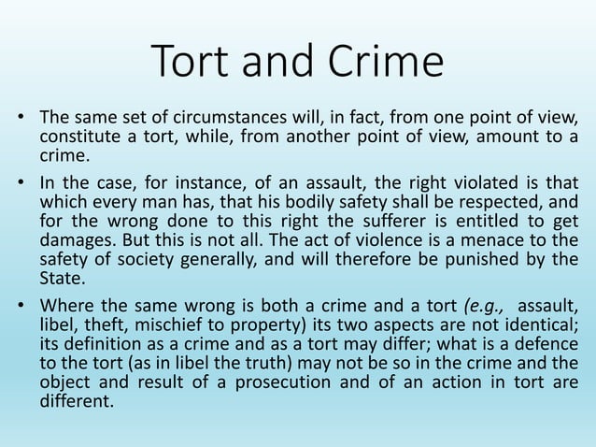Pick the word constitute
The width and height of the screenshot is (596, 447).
tap(77, 138)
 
